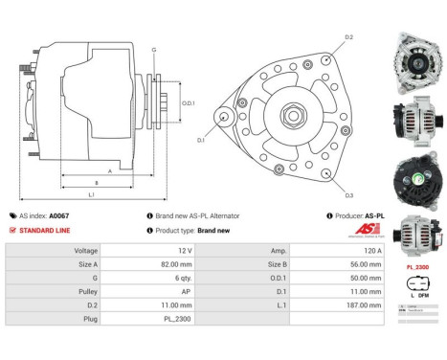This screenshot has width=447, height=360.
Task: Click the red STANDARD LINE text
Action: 44,231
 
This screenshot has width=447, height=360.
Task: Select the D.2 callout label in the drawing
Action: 349,37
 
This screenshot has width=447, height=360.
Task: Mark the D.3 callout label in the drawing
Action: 349,195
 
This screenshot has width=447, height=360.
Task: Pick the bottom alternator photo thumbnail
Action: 415,236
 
